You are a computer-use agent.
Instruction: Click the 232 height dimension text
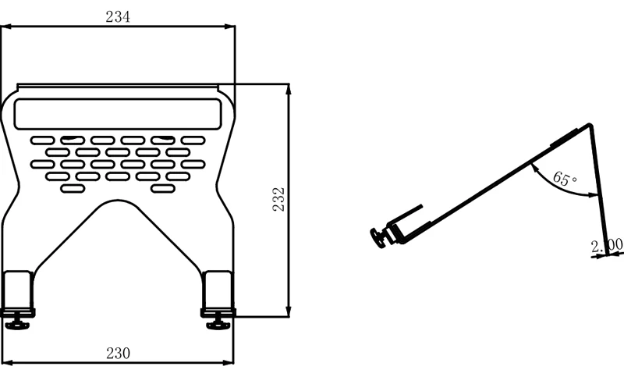(278, 200)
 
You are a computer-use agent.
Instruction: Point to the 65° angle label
(564, 179)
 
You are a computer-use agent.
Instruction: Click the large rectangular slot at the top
(117, 114)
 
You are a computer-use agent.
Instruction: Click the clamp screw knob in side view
(380, 238)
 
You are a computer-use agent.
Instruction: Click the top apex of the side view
(589, 126)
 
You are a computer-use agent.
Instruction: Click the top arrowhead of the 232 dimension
(289, 88)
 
